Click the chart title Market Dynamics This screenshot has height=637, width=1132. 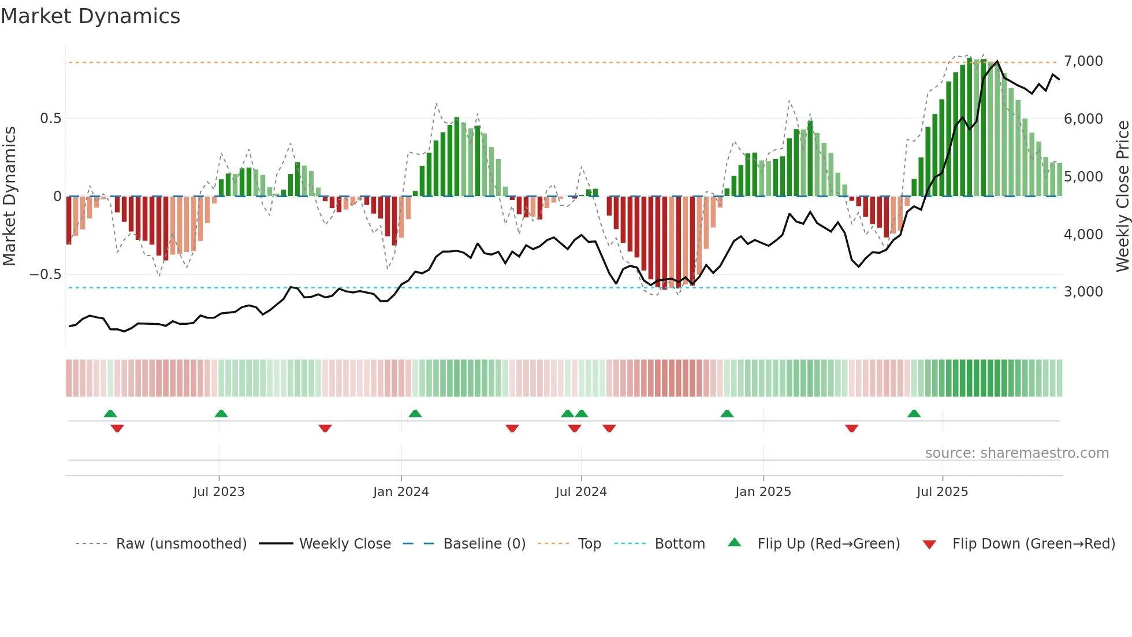point(90,16)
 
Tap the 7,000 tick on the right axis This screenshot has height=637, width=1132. point(1083,61)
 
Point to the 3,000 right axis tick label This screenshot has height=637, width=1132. point(1083,292)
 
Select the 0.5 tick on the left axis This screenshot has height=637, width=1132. point(50,118)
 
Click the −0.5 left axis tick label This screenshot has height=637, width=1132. point(45,275)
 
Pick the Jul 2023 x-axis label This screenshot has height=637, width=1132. point(219,492)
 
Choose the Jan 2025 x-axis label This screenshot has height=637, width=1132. point(763,492)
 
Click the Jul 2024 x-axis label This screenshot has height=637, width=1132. point(581,492)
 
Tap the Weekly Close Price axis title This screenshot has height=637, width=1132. point(1122,197)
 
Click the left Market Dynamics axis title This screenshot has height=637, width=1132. point(9,197)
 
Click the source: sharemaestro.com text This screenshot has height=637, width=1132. point(1016,453)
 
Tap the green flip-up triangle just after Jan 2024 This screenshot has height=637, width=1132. point(415,413)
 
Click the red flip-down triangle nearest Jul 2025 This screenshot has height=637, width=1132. point(851,428)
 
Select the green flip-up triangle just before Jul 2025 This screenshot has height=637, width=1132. point(914,413)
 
